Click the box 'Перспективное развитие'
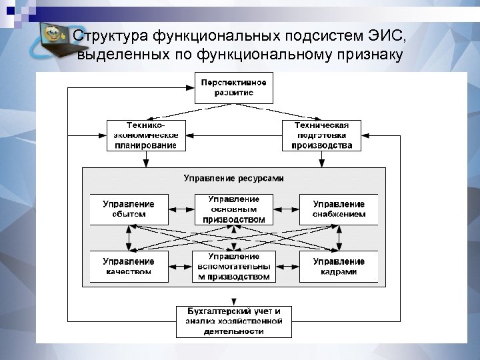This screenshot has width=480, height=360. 233,88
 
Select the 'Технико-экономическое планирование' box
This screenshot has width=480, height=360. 144,135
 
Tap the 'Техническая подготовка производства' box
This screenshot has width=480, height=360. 322,135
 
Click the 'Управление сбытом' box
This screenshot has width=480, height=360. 128,209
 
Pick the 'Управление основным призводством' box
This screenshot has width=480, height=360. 233,209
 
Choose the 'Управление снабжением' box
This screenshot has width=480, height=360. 339,209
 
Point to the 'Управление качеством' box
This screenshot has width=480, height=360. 128,266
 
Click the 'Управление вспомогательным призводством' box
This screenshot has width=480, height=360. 233,266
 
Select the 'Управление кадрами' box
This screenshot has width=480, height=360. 339,266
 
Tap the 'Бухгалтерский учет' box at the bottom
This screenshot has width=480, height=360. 233,321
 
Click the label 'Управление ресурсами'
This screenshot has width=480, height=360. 233,179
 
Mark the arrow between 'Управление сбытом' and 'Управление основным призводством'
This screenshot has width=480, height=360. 179,209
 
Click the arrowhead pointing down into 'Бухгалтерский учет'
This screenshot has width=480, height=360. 233,301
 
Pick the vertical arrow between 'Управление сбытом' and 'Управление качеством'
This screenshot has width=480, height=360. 129,237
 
